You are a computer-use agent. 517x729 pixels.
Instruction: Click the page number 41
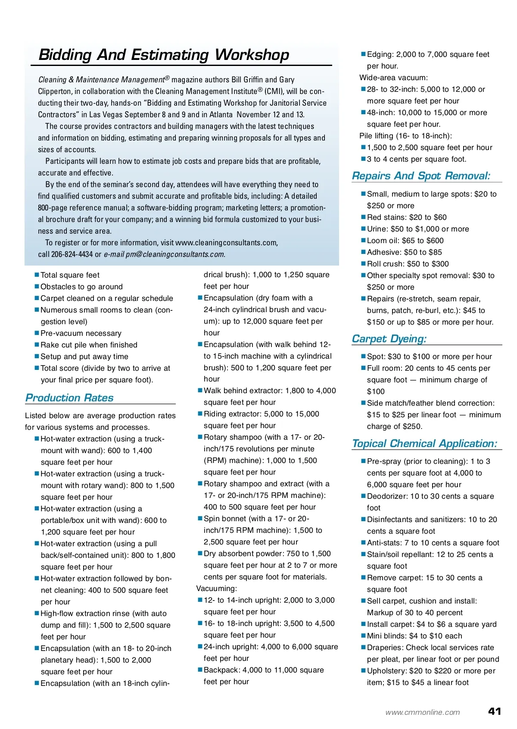click(x=495, y=711)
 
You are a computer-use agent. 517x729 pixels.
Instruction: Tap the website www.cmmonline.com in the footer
click(x=423, y=713)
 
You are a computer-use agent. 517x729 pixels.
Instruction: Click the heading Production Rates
click(x=69, y=397)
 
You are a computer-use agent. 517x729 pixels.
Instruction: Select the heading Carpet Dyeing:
click(x=389, y=339)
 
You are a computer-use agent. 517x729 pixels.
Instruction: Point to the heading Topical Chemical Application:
click(x=424, y=444)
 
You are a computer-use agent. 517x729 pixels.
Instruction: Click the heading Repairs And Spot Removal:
click(x=421, y=176)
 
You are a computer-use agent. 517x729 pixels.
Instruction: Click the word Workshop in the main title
click(x=252, y=55)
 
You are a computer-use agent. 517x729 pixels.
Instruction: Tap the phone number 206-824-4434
click(x=72, y=254)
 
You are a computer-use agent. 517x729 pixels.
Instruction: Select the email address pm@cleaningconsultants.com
click(x=175, y=254)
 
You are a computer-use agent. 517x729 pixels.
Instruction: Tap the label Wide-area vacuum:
click(x=393, y=78)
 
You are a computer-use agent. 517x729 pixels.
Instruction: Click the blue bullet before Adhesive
click(x=363, y=252)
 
